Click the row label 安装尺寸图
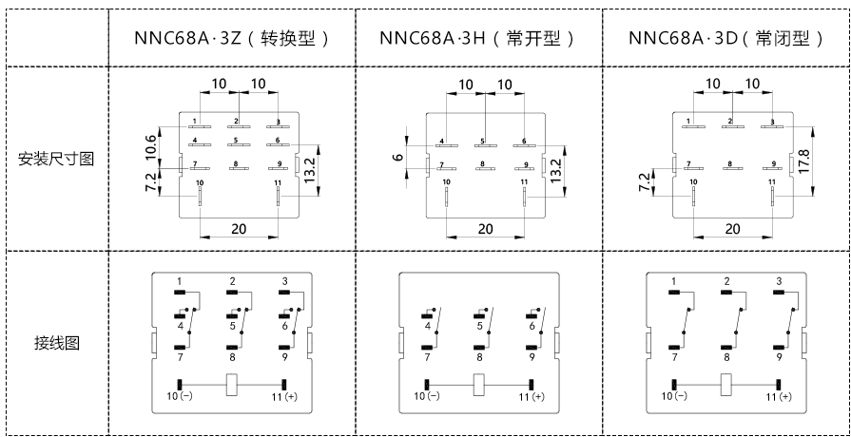point(56,160)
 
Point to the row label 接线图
point(56,343)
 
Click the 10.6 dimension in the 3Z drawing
point(151,147)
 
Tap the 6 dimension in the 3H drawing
point(398,158)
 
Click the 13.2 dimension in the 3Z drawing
point(310,171)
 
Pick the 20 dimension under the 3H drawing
point(485,229)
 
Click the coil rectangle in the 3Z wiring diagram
point(232,384)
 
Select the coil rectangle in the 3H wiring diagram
point(479,384)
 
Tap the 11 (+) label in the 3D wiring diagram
point(779,397)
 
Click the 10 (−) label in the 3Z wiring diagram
point(181,396)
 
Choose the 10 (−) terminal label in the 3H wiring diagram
point(427,396)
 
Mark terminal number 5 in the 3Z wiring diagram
point(232,327)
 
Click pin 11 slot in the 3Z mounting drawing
point(278,196)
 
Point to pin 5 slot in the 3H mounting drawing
point(486,146)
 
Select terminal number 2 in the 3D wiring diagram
point(726,281)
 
